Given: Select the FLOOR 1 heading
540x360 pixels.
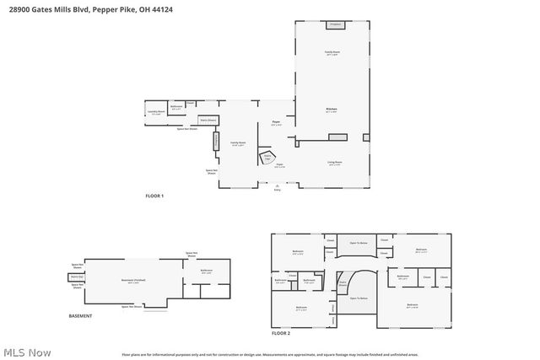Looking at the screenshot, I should [155, 196].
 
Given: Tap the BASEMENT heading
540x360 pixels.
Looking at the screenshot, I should [80, 316].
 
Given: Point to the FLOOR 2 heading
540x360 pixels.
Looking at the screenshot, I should [281, 334].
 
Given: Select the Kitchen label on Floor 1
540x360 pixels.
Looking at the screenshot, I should [332, 110].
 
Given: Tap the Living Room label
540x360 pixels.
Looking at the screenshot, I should [334, 162].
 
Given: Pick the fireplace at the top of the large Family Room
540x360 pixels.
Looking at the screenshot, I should [335, 24].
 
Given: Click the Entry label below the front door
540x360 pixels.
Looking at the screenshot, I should [277, 189].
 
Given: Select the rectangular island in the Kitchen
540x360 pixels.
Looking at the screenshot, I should [364, 137].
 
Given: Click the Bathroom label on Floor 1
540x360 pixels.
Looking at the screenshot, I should [176, 107].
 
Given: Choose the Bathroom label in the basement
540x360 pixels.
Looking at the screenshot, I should [207, 271].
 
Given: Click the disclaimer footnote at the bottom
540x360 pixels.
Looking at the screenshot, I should [269, 354].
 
